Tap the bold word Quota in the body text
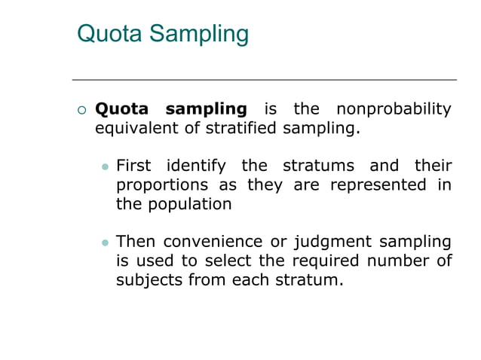(x=122, y=110)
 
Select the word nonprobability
(x=393, y=110)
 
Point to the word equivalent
(x=137, y=129)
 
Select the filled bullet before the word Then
(x=106, y=243)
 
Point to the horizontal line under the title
(x=264, y=79)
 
